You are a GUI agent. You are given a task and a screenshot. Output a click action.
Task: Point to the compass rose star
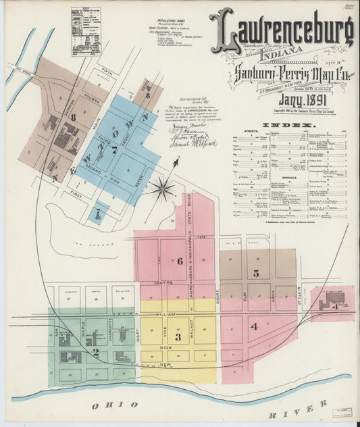[162, 188]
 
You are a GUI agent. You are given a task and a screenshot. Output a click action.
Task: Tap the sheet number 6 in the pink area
[180, 261]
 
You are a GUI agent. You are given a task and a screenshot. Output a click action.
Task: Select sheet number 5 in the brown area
[256, 273]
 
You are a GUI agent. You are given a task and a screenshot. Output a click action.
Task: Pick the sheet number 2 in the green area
[96, 351]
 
